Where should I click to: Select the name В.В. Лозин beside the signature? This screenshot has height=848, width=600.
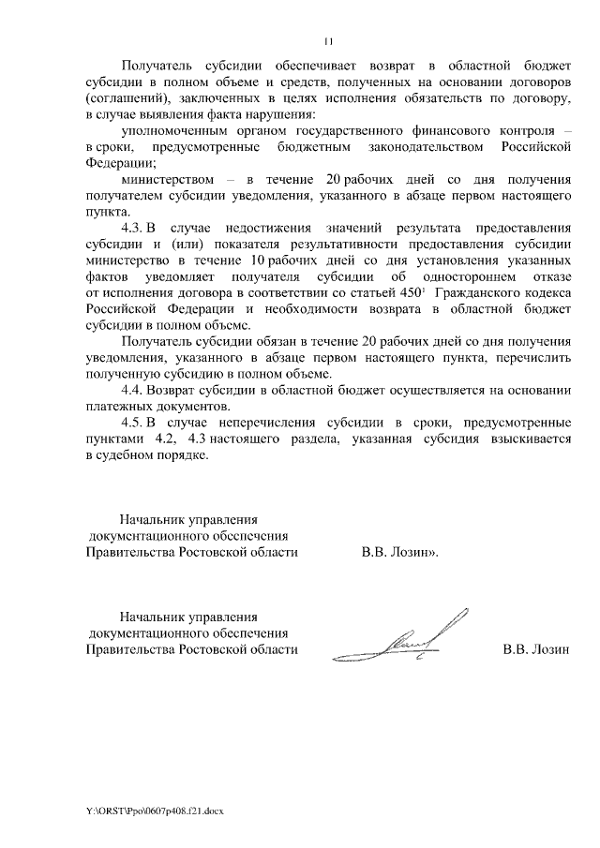coord(536,648)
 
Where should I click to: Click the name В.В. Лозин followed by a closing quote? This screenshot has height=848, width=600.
coord(400,552)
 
